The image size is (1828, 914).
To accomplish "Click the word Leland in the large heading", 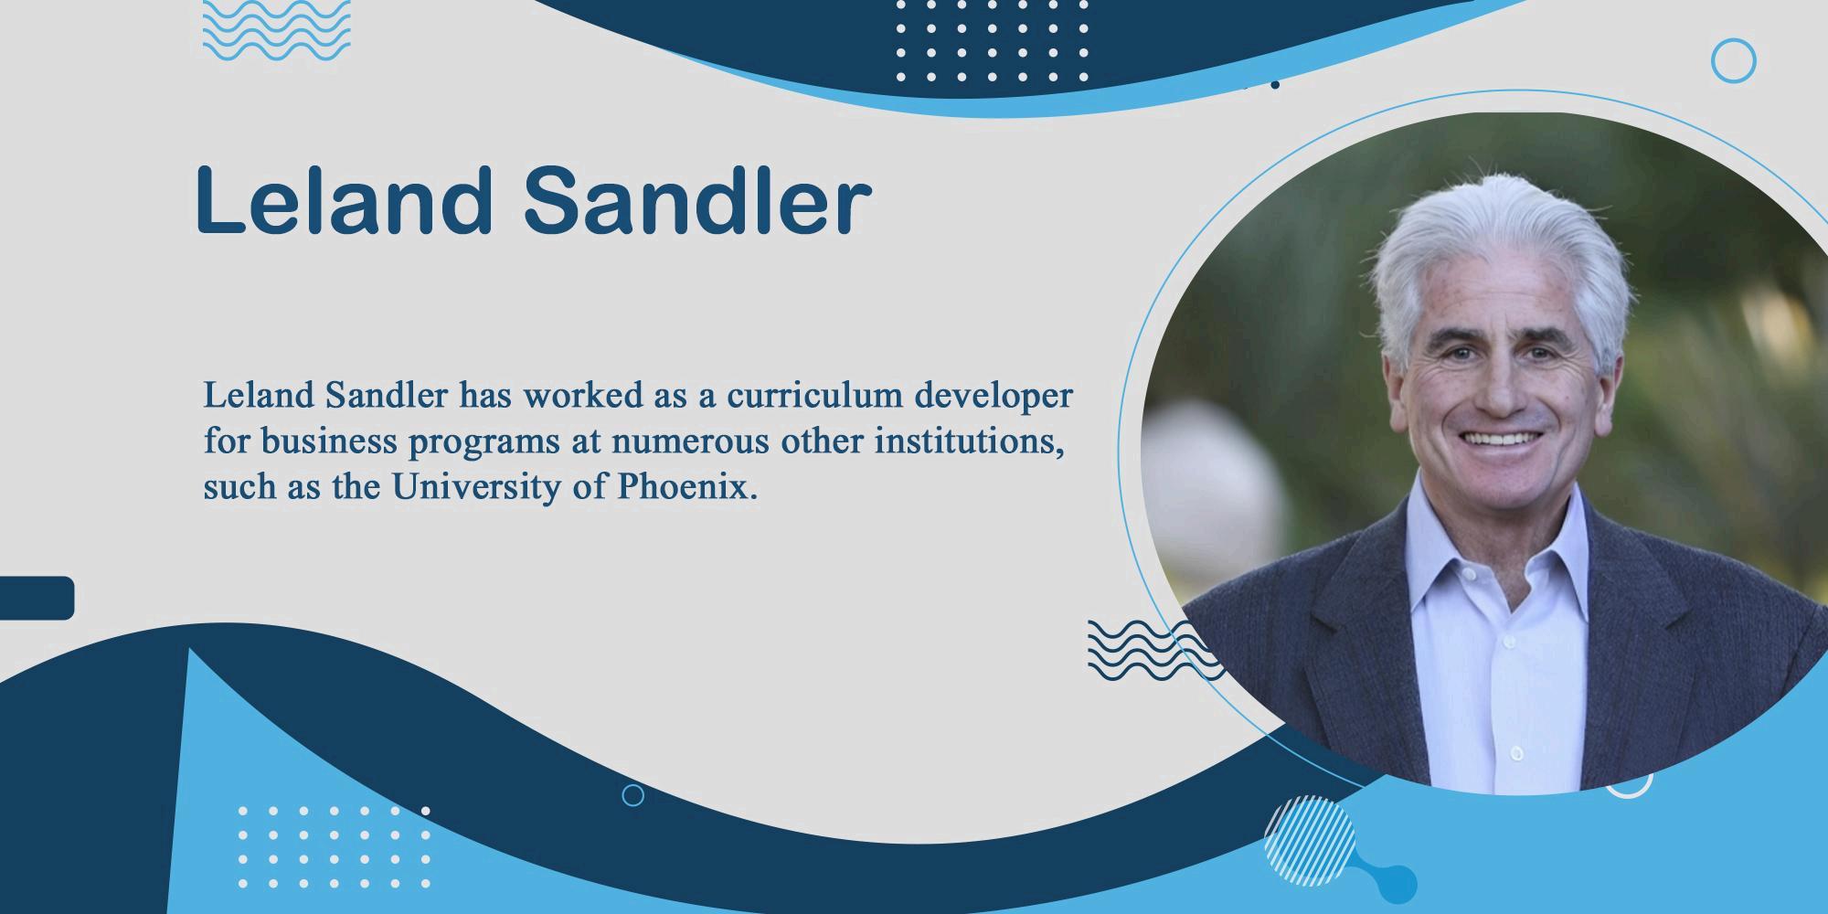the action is [344, 199].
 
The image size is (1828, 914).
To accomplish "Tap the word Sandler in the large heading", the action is [697, 199].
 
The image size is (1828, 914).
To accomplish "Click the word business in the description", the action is [329, 441].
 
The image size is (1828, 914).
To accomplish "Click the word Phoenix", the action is [687, 486].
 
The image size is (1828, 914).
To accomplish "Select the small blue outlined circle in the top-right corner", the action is [1733, 61].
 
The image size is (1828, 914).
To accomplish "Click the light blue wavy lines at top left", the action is [276, 29].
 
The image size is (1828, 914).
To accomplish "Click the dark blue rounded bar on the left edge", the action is [37, 598].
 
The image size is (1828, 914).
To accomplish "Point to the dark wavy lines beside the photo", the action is [1153, 649].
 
